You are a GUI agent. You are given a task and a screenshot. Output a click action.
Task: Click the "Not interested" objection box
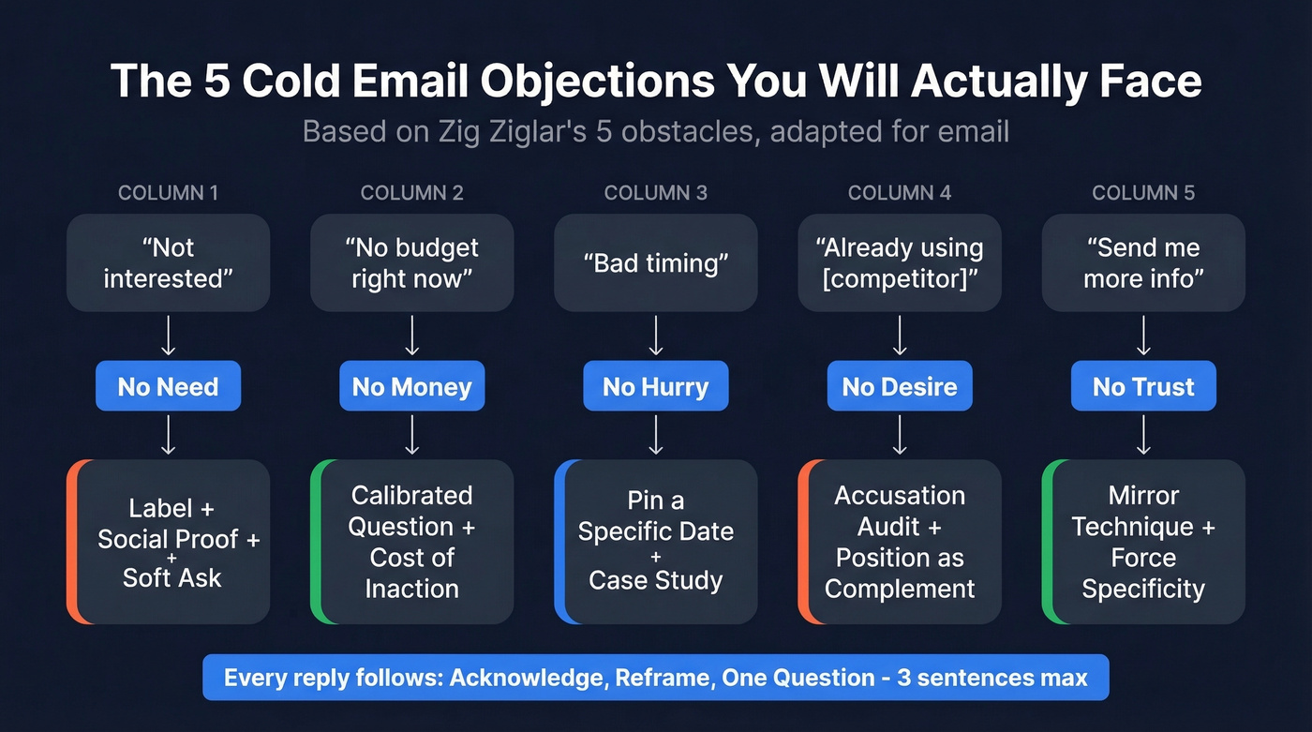click(168, 263)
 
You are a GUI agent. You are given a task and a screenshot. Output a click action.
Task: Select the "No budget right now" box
click(411, 263)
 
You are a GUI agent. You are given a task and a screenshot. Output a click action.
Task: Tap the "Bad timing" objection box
click(656, 263)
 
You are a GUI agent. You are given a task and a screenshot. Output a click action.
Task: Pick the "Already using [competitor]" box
click(900, 263)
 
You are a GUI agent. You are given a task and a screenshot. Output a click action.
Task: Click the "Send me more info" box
click(1143, 263)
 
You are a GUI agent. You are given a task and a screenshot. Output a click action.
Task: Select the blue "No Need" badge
click(168, 387)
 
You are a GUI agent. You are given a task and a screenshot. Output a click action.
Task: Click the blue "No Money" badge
click(411, 387)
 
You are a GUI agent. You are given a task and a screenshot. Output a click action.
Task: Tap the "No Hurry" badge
click(656, 387)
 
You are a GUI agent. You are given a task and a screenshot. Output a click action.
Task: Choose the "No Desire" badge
click(900, 387)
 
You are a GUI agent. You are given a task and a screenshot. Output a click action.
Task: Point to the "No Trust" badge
click(1143, 387)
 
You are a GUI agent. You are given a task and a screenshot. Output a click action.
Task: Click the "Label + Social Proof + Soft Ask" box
click(171, 542)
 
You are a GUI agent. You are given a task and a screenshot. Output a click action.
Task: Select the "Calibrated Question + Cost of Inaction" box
click(413, 542)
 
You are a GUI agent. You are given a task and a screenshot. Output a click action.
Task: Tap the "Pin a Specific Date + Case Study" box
click(657, 542)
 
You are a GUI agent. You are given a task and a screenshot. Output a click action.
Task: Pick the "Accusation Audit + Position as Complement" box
click(901, 542)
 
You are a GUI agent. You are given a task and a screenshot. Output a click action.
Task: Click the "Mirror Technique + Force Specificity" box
click(1144, 542)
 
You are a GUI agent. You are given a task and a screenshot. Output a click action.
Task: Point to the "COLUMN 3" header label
click(656, 193)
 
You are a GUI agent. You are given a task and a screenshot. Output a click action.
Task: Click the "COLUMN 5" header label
click(1143, 193)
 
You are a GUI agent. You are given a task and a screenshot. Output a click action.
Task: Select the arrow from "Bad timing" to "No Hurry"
click(656, 336)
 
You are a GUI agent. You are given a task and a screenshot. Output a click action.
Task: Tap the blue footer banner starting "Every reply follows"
click(656, 678)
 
